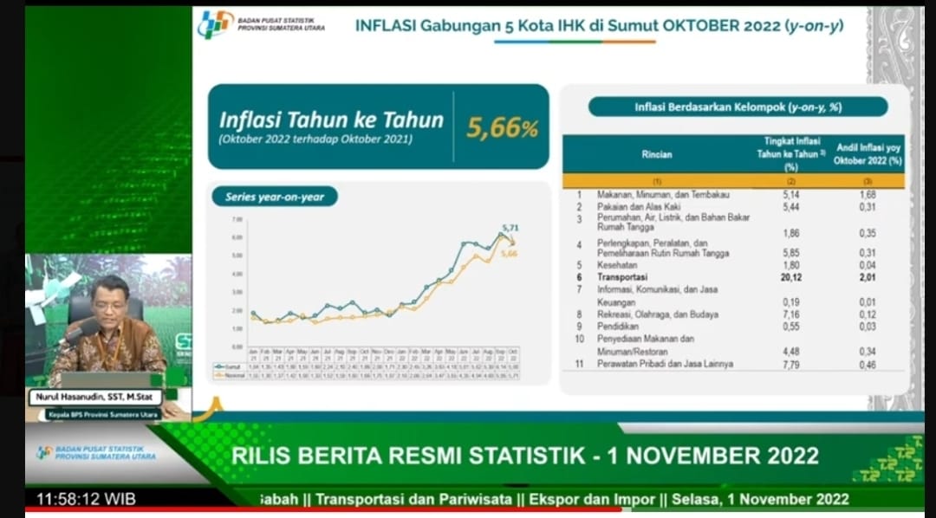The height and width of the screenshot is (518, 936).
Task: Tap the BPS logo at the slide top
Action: (215, 23)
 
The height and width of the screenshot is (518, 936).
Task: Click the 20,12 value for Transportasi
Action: (790, 276)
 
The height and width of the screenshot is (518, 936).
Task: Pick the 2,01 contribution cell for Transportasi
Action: (869, 276)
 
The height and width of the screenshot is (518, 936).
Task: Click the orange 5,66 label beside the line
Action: (510, 253)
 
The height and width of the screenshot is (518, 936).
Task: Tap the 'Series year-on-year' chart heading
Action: (275, 197)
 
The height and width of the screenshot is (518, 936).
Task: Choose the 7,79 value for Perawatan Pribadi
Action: (790, 364)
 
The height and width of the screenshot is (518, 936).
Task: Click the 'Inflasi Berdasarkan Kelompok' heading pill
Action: (738, 107)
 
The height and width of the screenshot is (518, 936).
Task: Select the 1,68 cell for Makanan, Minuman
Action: (869, 195)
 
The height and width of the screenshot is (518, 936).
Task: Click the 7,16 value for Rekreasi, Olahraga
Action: (790, 314)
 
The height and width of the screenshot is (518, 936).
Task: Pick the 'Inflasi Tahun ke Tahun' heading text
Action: (331, 120)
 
